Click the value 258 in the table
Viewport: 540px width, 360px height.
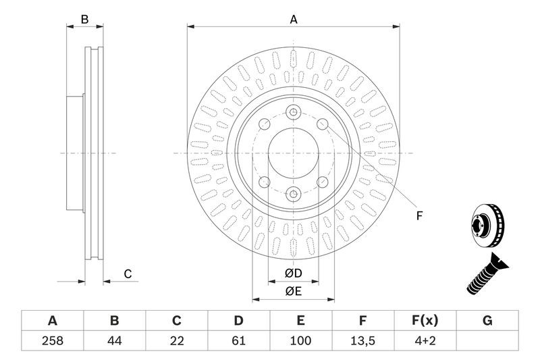click(53, 340)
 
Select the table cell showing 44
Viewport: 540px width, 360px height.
click(114, 340)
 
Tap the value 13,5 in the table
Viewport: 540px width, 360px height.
click(362, 340)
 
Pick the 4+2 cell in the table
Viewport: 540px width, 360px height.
click(425, 340)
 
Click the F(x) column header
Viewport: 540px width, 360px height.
click(425, 320)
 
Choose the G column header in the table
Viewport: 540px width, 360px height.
click(487, 320)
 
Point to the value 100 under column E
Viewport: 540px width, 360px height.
click(300, 340)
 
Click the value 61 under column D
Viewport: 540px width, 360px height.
click(238, 340)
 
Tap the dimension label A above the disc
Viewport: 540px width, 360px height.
click(294, 20)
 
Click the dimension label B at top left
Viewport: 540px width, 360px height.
click(85, 20)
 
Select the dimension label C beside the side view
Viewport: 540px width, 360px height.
click(128, 274)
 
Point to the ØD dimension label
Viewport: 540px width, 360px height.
click(293, 273)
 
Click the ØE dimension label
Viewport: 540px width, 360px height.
click(293, 292)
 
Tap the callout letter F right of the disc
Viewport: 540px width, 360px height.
click(419, 216)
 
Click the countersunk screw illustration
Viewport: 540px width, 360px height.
click(487, 274)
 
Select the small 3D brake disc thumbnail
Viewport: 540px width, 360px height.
click(487, 226)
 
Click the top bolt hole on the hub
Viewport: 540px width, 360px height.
click(294, 112)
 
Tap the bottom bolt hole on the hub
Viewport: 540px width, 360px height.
click(294, 195)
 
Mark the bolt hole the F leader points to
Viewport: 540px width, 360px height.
click(323, 124)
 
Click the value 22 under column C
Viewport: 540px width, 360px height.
click(177, 340)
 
